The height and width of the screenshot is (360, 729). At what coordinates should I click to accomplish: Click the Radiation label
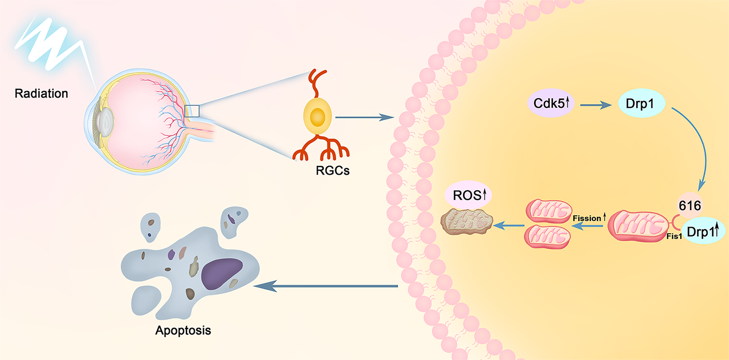pyautogui.click(x=41, y=93)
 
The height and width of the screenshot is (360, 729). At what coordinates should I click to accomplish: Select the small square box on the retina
pyautogui.click(x=192, y=111)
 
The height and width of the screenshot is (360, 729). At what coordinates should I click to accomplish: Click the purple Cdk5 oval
pyautogui.click(x=548, y=101)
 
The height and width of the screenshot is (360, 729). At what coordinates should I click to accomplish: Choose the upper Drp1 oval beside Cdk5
pyautogui.click(x=642, y=102)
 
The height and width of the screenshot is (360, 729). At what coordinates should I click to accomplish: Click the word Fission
pyautogui.click(x=586, y=218)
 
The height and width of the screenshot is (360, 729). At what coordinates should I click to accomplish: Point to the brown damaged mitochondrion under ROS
pyautogui.click(x=467, y=221)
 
